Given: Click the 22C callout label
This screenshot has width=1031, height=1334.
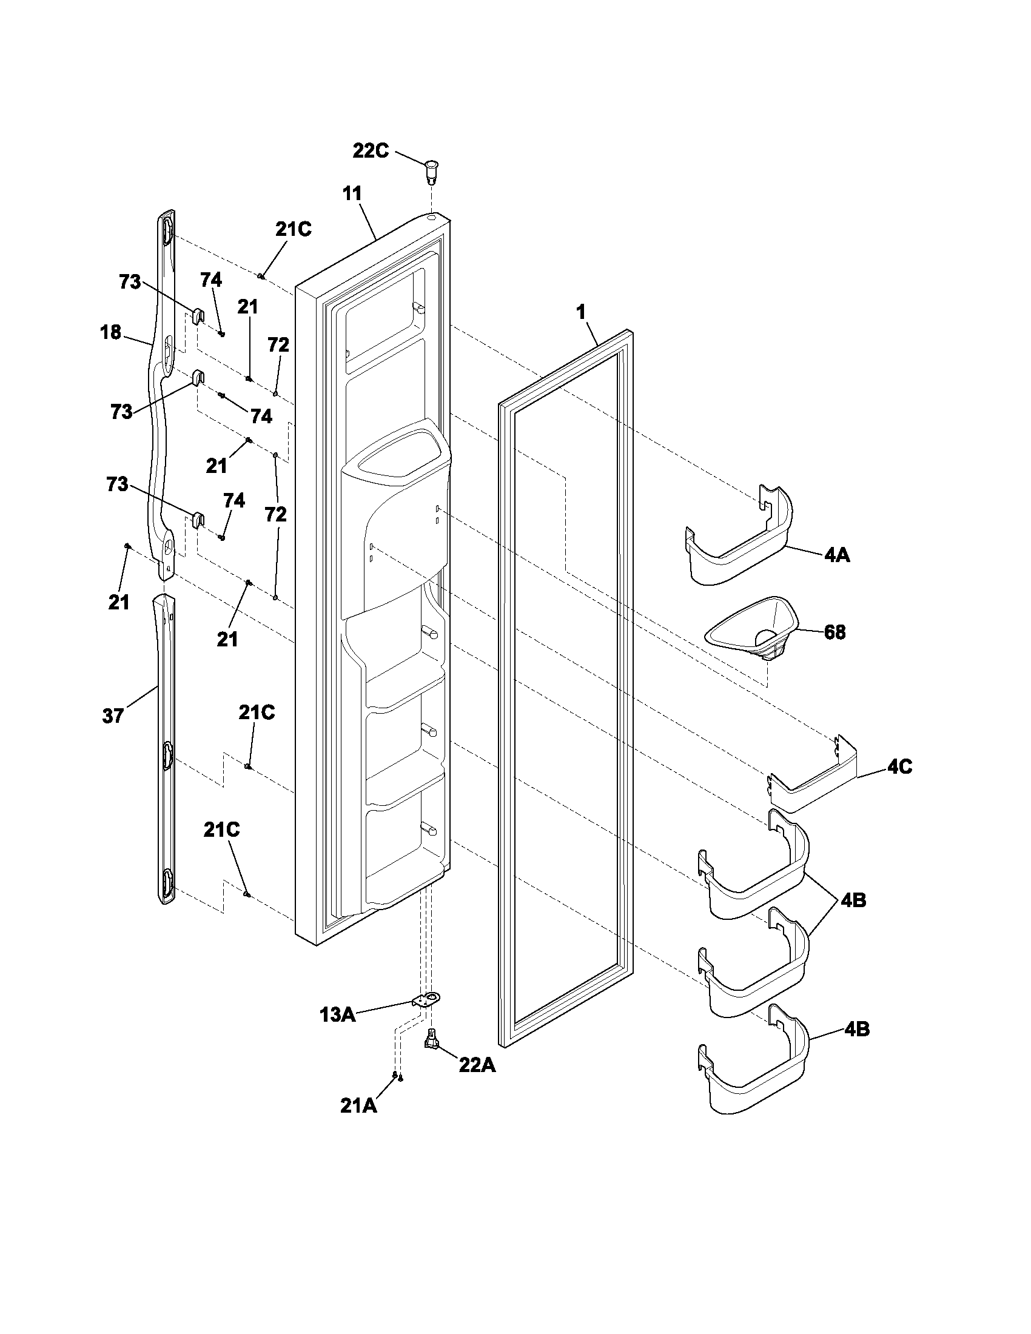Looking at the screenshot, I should (371, 151).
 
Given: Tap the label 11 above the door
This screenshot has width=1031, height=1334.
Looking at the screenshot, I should (352, 193).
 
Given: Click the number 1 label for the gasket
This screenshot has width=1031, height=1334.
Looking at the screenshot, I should (581, 312).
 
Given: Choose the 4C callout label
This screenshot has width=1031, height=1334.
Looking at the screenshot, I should (899, 767).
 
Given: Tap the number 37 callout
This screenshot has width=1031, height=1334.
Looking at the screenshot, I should (113, 716).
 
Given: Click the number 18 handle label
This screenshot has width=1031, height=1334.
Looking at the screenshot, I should (111, 333).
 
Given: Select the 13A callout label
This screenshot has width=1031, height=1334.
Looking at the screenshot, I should (337, 1015).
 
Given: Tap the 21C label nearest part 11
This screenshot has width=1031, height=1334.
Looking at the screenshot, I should (293, 229).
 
